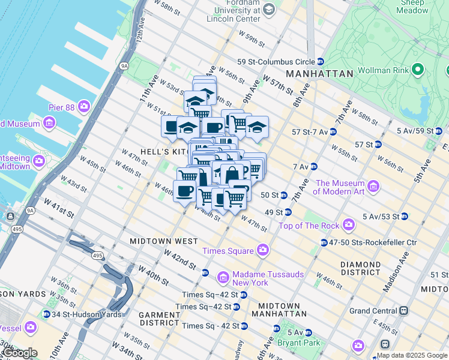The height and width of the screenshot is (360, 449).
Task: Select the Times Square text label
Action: (228, 250)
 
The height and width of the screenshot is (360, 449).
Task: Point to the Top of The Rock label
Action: (309, 226)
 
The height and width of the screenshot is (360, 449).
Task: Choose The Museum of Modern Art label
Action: (340, 187)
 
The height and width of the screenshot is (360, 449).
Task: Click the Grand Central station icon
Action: (404, 311)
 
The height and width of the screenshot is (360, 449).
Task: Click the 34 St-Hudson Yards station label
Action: (86, 314)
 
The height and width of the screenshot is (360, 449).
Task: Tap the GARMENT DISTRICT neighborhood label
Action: (160, 319)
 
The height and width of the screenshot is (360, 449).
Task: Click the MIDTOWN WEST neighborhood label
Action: (164, 241)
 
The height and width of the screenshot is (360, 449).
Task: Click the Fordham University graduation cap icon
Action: (268, 9)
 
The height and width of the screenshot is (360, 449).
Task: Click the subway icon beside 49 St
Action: (288, 212)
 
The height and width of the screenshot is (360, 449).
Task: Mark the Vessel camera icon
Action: (31, 328)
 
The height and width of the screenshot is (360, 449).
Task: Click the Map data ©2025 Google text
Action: (412, 355)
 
